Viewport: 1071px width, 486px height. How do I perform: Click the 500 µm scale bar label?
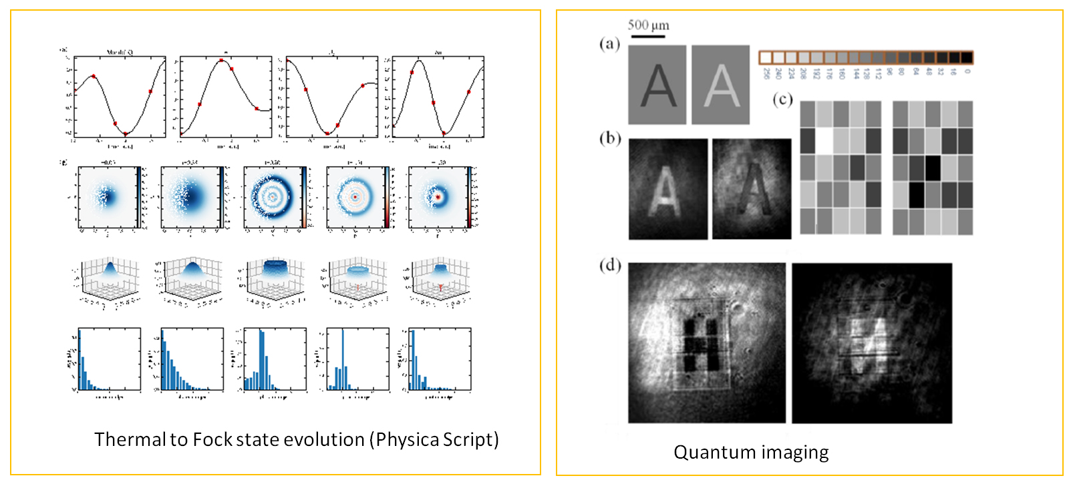point(648,25)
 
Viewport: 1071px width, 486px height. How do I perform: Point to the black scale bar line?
point(647,35)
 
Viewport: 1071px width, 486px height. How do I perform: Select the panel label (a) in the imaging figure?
point(609,44)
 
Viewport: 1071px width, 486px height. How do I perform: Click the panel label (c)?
point(782,100)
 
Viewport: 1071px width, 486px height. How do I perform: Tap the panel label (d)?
point(610,265)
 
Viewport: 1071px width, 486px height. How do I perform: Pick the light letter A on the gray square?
point(722,85)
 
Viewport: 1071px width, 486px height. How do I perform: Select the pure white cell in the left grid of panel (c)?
point(824,141)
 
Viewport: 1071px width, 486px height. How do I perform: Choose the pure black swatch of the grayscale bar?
point(966,57)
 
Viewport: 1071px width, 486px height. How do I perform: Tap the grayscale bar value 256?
point(766,72)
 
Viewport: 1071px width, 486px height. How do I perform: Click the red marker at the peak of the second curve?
point(221,61)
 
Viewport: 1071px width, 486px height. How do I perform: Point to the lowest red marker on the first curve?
point(126,134)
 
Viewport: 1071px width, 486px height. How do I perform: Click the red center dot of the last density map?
point(438,197)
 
